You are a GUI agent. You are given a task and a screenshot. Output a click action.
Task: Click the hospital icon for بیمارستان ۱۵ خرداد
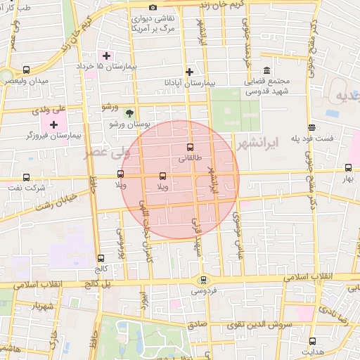pos(107,56)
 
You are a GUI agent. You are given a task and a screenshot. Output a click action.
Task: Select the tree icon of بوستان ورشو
pos(129,112)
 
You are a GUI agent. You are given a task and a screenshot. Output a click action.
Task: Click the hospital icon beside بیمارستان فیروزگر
pos(53,124)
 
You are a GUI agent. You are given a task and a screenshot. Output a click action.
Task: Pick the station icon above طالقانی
pos(190,148)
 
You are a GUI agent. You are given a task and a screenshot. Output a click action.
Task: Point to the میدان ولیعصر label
pos(27,81)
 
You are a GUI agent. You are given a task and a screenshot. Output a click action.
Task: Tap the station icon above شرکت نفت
pos(27,177)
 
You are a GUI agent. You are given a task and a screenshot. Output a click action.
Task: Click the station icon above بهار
pos(348,167)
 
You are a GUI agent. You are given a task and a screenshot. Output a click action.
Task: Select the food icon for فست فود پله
pos(311,127)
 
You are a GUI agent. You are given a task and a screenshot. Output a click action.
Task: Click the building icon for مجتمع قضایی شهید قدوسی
pos(266,71)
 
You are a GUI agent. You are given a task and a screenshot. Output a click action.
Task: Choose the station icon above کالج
pos(101,258)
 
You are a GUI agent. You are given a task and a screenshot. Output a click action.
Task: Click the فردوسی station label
pos(204,290)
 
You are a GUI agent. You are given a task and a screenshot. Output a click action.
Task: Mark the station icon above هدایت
pos(312,340)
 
